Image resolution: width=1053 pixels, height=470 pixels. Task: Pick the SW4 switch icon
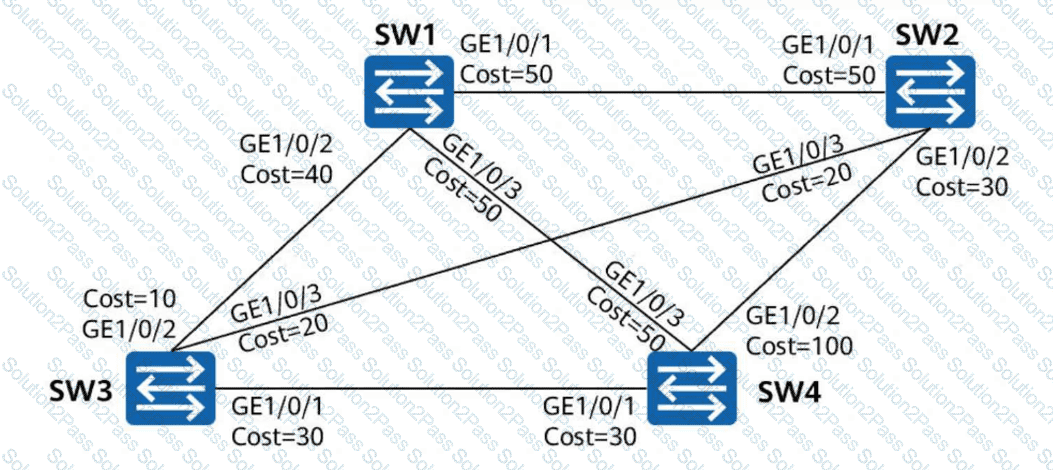click(x=693, y=387)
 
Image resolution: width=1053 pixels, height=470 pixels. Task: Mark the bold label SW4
click(x=789, y=387)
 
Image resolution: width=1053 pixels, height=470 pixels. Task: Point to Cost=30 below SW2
click(x=962, y=185)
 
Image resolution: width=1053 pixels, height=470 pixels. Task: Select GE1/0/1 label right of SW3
click(x=278, y=407)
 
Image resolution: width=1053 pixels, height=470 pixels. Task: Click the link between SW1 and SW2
click(x=670, y=92)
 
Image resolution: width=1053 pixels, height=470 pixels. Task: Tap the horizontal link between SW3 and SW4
click(x=430, y=387)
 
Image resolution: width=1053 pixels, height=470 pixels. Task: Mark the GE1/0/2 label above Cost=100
click(x=796, y=317)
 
